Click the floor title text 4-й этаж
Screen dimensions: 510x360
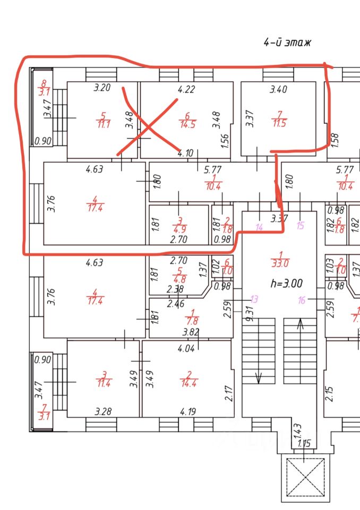point(287,42)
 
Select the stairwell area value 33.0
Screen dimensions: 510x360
point(280,262)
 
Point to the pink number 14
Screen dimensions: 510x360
point(259,226)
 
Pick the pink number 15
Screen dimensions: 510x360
point(301,226)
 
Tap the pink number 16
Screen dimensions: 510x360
point(302,301)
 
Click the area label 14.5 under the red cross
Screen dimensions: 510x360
point(187,125)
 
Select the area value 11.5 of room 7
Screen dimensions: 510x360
point(278,124)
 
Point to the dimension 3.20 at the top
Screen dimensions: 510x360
point(102,88)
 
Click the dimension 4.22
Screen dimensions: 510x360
point(186,89)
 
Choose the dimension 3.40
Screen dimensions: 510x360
point(278,89)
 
